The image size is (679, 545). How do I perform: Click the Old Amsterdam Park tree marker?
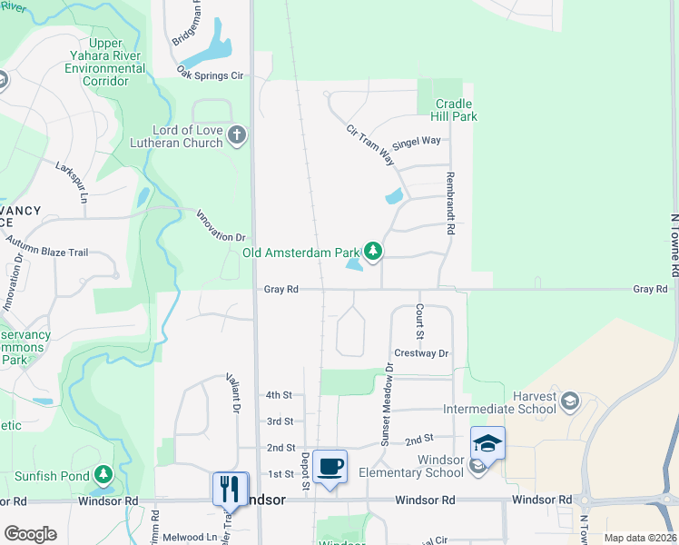pos(373,251)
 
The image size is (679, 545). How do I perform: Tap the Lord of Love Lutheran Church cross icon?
pos(237,136)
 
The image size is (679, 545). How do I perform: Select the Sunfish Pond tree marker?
pos(103,474)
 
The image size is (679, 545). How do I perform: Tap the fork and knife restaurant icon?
pos(230,488)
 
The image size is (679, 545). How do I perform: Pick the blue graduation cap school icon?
pos(487,443)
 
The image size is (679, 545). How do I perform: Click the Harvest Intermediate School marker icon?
pos(569,401)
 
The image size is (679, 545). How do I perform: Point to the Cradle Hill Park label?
pos(456,110)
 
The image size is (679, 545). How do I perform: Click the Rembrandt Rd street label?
pos(448,203)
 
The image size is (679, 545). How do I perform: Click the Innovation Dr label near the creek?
pos(221,224)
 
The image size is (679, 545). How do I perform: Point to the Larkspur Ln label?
pos(74,183)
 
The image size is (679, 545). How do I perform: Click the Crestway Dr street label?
pos(421,353)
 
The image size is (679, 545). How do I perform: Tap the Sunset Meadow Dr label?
pos(387,404)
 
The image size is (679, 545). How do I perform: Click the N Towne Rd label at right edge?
pos(674,245)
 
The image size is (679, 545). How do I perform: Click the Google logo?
pos(30,534)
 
